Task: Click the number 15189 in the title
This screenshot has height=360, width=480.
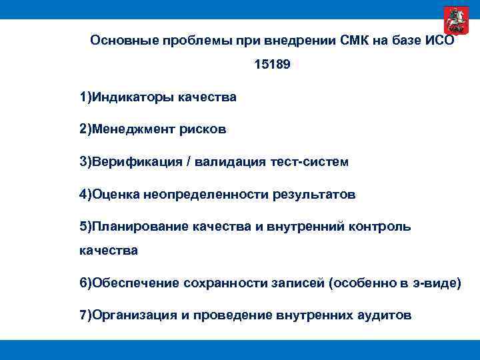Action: tap(272, 66)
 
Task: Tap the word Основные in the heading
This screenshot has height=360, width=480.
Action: tap(118, 40)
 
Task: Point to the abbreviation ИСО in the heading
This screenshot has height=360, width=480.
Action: tap(439, 40)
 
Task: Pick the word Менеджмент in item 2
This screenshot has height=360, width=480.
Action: tap(133, 129)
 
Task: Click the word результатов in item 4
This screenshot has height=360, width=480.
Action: tap(313, 195)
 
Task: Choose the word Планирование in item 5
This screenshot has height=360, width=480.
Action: tap(140, 227)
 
